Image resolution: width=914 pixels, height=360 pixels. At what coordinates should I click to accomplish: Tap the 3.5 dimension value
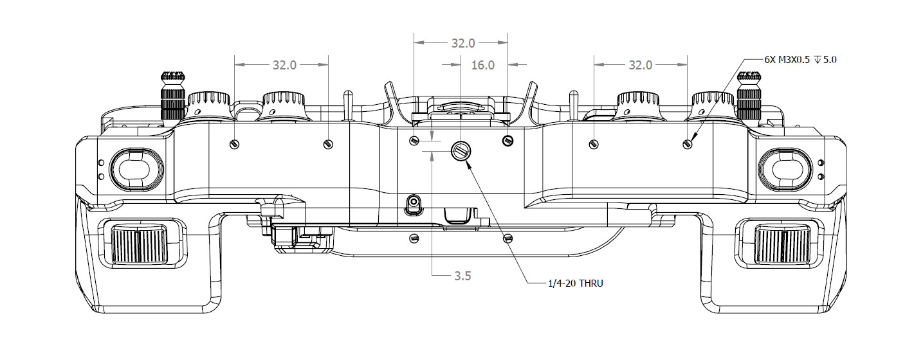(x=462, y=276)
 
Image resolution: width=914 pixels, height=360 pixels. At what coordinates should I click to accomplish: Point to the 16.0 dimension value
(x=482, y=65)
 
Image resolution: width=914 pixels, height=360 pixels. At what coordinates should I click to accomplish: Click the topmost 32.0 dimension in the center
(x=462, y=44)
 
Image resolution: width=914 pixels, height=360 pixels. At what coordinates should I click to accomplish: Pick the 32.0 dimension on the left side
(x=284, y=65)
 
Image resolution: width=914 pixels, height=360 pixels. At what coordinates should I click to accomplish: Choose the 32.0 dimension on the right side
(x=640, y=65)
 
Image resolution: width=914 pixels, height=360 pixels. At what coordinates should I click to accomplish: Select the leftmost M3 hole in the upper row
(x=235, y=143)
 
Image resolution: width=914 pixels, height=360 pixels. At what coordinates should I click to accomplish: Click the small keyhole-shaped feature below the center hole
(x=414, y=204)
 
